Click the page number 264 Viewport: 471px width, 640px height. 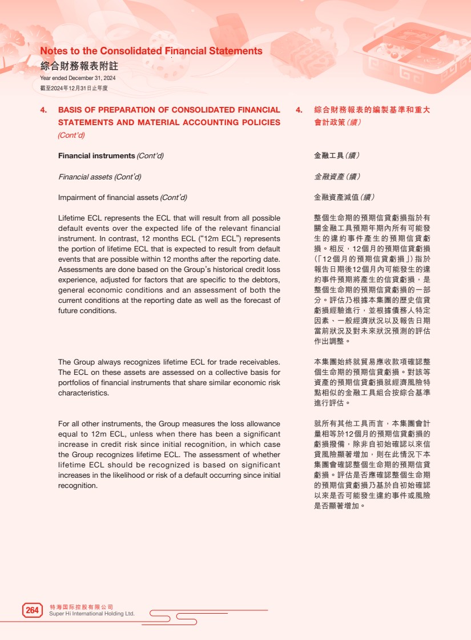tap(32, 610)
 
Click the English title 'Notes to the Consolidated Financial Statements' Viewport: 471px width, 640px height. tap(151, 51)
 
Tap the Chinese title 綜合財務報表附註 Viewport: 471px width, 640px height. tap(79, 66)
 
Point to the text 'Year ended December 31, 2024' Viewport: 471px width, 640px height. tap(78, 78)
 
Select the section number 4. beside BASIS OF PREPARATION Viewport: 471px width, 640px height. tap(43, 110)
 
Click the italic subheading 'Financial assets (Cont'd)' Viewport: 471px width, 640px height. tap(99, 177)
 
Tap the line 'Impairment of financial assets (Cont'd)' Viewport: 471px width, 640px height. tap(122, 198)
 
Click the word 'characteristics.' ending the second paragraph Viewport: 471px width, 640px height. tap(83, 393)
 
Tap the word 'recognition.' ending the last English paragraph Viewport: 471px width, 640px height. tap(78, 486)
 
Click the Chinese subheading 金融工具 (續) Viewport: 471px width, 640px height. tap(337, 155)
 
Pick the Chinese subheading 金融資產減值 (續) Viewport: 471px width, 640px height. tap(344, 198)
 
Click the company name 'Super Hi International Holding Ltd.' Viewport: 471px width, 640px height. tap(92, 614)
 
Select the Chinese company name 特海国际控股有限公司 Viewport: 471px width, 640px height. tap(82, 606)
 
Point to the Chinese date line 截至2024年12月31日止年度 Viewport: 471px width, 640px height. tap(74, 88)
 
